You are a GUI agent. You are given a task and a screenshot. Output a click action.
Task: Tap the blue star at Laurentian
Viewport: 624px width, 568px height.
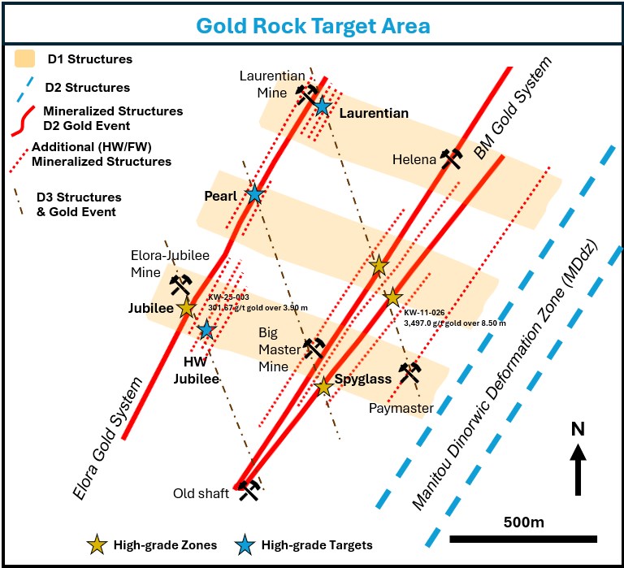[x=323, y=106]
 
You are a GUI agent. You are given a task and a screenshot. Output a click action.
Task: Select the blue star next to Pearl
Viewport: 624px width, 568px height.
[x=255, y=193]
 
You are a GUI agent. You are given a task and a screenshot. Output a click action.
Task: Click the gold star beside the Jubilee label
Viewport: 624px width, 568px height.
[x=187, y=308]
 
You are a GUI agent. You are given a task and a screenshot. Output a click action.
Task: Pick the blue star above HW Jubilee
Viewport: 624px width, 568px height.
[x=206, y=329]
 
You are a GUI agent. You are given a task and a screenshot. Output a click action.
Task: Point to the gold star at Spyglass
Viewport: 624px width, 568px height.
[x=323, y=387]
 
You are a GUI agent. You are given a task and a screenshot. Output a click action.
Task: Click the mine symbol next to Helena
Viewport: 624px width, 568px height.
[x=452, y=158]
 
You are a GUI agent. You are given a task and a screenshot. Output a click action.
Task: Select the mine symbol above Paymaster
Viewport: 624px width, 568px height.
[x=411, y=371]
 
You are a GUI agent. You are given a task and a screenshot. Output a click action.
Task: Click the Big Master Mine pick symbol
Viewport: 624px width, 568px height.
[x=314, y=348]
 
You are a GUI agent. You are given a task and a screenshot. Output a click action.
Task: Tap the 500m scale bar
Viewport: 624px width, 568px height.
[x=522, y=537]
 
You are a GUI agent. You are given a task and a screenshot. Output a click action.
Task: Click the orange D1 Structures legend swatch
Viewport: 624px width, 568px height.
[x=25, y=59]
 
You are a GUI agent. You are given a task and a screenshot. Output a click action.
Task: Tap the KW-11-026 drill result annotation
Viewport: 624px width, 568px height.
[x=453, y=317]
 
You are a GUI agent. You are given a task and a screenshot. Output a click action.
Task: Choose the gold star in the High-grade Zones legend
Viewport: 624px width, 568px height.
[x=98, y=544]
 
